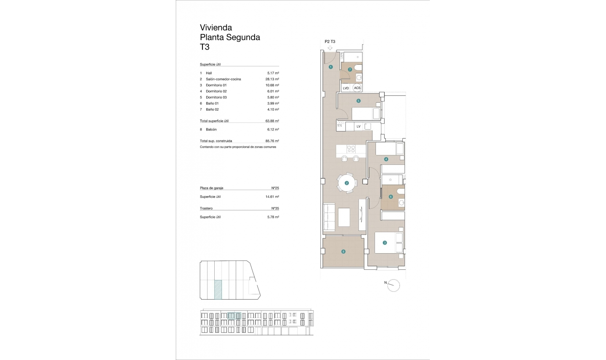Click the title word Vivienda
(216, 28)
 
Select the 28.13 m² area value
(272, 79)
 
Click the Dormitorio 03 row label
(216, 97)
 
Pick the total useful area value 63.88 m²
(272, 121)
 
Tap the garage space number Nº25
(275, 188)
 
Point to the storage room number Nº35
(275, 208)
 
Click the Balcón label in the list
(211, 129)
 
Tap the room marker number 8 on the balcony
(343, 252)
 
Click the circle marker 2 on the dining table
(347, 183)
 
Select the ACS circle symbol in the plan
(357, 88)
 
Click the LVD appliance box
(346, 88)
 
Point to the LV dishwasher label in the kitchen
(359, 127)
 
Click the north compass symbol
(394, 285)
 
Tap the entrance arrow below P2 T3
(330, 48)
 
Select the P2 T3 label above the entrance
(330, 41)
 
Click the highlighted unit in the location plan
(218, 290)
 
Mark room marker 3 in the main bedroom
(384, 243)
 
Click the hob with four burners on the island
(351, 149)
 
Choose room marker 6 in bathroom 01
(391, 197)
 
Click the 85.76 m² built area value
(272, 141)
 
